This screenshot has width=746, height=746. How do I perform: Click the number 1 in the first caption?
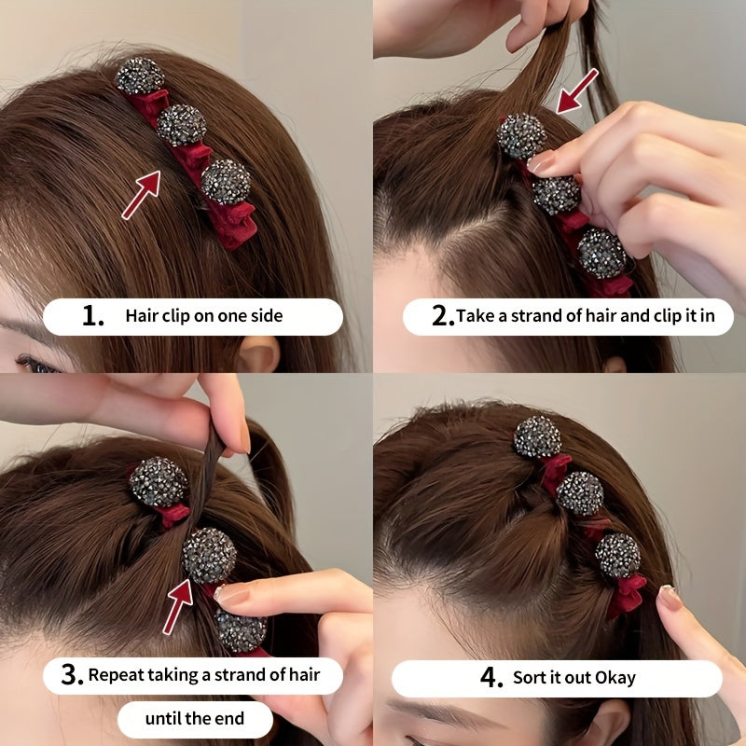tap(91, 316)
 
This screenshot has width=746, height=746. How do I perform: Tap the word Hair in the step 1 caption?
tap(141, 316)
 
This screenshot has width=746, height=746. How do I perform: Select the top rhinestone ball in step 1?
tap(140, 76)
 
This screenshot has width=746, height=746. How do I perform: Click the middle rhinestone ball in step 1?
tap(182, 125)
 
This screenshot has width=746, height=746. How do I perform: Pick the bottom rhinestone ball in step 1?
tap(226, 181)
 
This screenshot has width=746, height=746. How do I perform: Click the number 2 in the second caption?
tap(442, 316)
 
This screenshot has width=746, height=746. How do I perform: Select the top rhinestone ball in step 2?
tap(520, 136)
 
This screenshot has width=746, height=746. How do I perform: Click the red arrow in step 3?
tap(177, 604)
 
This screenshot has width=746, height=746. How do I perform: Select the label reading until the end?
tap(194, 719)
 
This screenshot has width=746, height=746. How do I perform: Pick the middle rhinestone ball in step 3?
tap(209, 556)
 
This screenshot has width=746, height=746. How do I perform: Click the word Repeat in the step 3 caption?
tap(117, 675)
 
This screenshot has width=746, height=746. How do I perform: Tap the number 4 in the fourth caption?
tap(491, 678)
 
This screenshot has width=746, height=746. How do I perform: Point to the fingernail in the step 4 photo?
tap(670, 598)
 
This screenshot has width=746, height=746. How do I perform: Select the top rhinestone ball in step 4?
tap(537, 437)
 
